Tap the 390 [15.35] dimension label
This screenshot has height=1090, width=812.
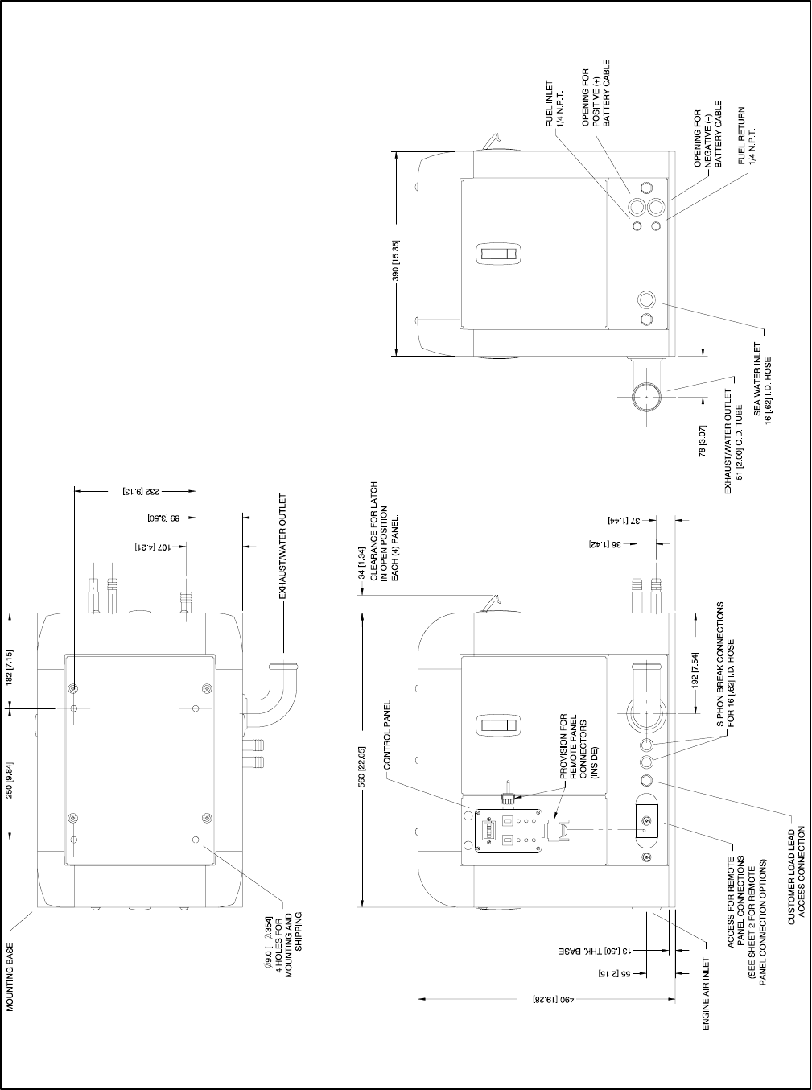(396, 261)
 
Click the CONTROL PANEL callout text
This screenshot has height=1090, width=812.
(387, 735)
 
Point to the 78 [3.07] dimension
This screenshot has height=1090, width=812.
(703, 441)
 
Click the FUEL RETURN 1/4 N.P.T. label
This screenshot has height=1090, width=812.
(747, 136)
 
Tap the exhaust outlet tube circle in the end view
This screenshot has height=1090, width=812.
(647, 397)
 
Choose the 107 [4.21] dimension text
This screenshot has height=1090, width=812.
(153, 547)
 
